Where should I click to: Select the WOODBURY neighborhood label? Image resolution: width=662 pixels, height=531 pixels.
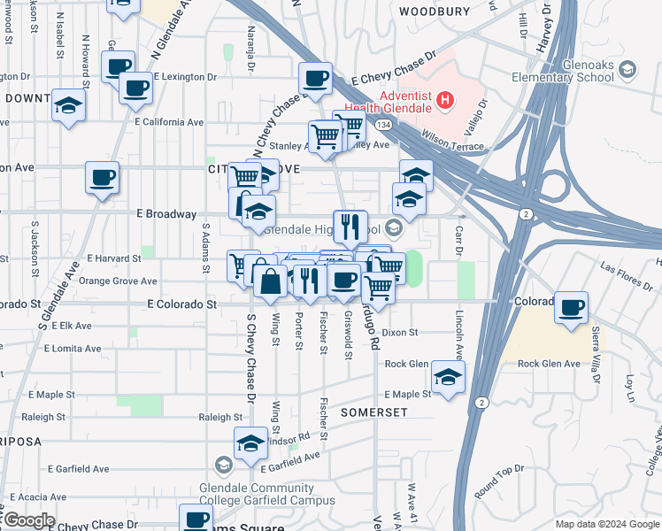(x=434, y=12)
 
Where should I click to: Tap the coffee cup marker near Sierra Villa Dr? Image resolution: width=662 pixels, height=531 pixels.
(x=572, y=307)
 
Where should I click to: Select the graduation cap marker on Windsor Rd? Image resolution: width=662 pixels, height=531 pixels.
(x=250, y=442)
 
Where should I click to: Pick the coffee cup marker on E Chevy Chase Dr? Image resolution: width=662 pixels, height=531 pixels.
(x=315, y=79)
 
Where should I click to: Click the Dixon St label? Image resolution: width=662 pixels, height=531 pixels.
(x=399, y=333)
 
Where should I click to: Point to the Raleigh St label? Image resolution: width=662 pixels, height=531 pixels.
(x=220, y=417)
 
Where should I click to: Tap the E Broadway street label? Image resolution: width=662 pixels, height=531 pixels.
(x=166, y=214)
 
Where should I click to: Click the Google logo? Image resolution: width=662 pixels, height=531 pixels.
(x=28, y=520)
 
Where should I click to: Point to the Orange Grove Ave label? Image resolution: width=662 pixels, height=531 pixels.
(x=118, y=281)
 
